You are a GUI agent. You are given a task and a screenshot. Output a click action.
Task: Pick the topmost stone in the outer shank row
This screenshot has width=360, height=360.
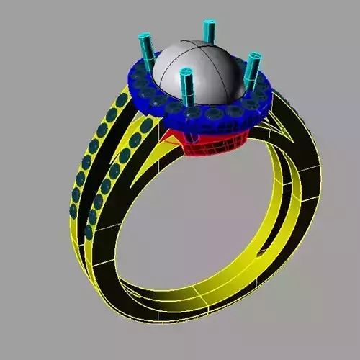pos(123,98)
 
